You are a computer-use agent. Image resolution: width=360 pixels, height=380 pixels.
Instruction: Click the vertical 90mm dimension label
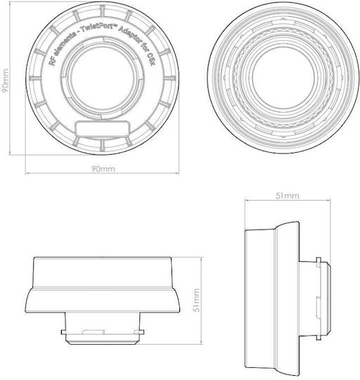pos(5,81)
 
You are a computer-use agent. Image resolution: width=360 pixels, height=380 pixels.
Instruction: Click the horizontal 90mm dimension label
pos(103,169)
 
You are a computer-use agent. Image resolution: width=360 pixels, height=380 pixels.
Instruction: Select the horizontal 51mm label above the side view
pos(288,196)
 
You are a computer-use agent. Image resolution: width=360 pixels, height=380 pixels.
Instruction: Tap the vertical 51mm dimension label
pos(197,300)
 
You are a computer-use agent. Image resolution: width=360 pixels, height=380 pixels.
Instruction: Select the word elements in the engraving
pos(64,44)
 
